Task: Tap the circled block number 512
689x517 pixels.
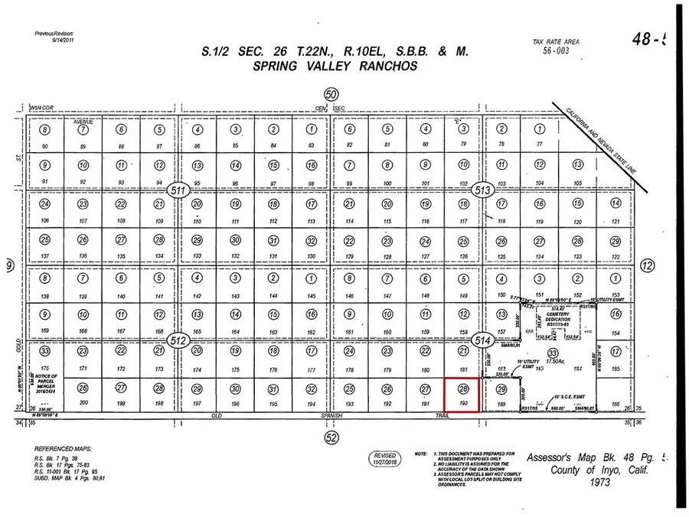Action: point(178,340)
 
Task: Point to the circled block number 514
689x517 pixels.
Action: point(482,340)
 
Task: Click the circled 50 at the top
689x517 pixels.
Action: point(331,94)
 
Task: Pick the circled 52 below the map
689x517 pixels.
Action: point(331,437)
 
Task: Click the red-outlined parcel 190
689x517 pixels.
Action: point(462,396)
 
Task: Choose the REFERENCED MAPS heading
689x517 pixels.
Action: point(64,449)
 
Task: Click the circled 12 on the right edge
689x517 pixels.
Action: point(647,266)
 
